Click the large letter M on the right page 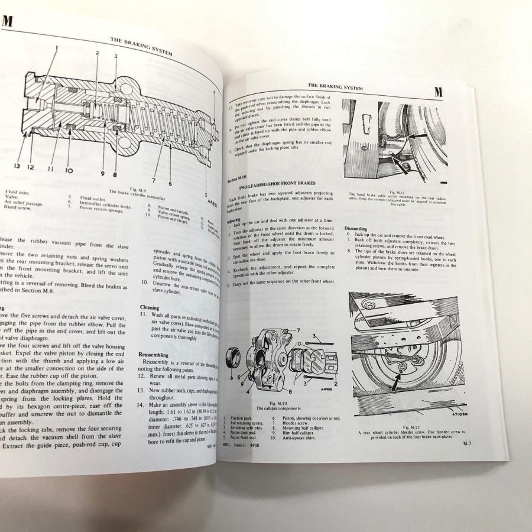438,92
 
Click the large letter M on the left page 8,22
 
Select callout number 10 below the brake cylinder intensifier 69,171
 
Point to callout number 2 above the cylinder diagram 97,53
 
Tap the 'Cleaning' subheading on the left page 149,307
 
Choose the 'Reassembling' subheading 154,354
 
